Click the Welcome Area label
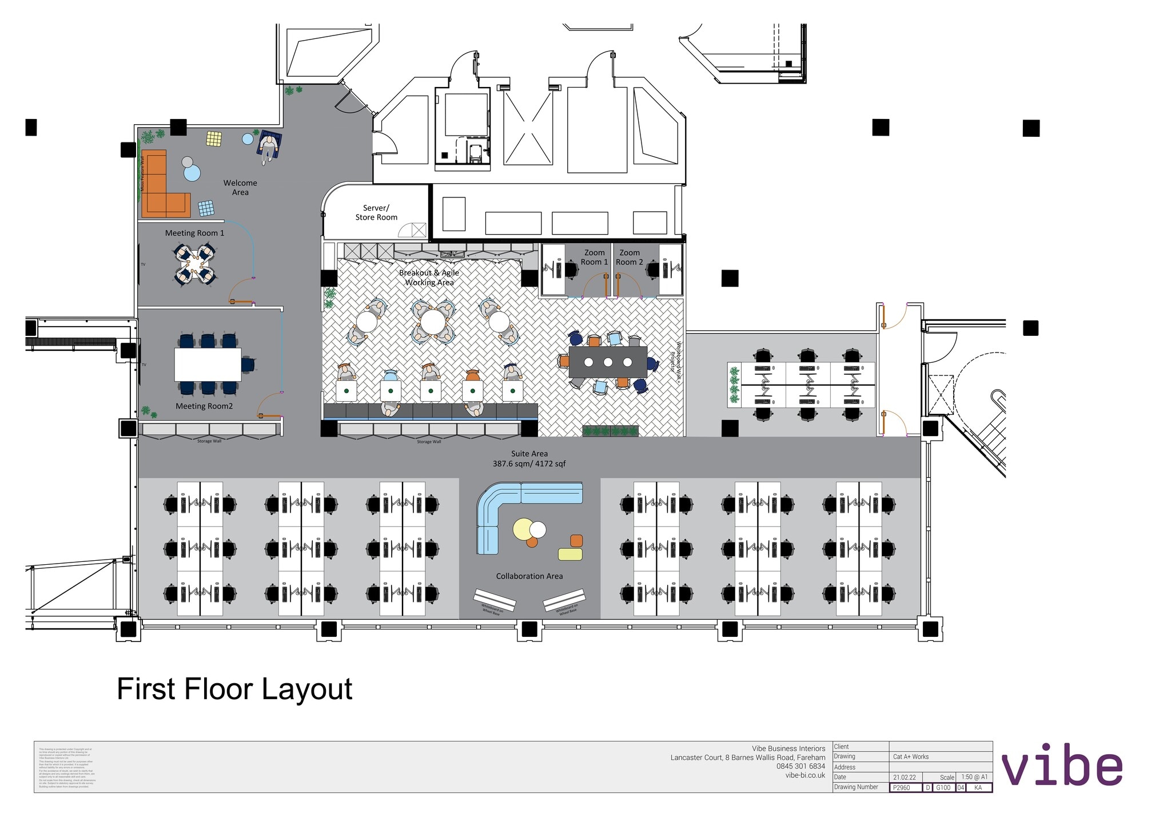(240, 188)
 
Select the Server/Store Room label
(376, 213)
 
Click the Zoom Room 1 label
(594, 257)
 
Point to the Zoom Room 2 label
(630, 257)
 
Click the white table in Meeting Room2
(208, 365)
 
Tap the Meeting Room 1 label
(194, 233)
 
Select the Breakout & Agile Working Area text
(429, 278)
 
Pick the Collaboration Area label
(529, 576)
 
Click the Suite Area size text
(529, 463)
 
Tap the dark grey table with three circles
(608, 362)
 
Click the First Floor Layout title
(234, 689)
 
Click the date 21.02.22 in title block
(904, 777)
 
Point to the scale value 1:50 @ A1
(974, 777)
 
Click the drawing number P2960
(902, 787)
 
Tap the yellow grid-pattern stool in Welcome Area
(214, 139)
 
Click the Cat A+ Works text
(911, 756)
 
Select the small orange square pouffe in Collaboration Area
(576, 541)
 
